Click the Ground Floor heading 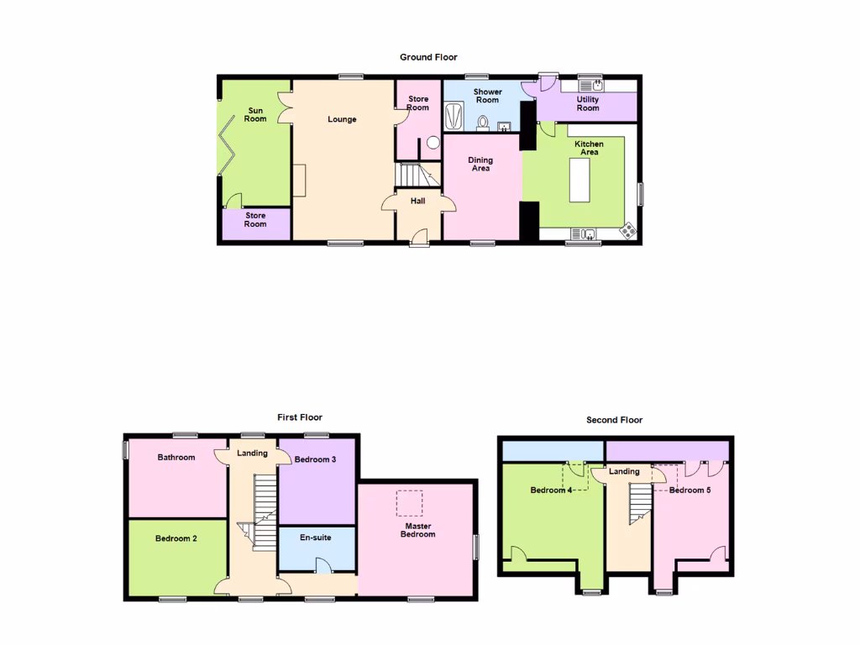(428, 57)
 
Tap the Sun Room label (255, 114)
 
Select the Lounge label (342, 119)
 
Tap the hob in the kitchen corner (627, 230)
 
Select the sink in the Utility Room (595, 85)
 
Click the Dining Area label (480, 164)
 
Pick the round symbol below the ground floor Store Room (433, 143)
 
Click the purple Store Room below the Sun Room (255, 220)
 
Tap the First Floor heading (300, 417)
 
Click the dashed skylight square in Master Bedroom (410, 503)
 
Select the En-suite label (316, 537)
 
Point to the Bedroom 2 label (176, 538)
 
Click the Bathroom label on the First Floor (176, 458)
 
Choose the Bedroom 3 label (316, 459)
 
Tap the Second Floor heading (615, 420)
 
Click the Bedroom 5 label (690, 490)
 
